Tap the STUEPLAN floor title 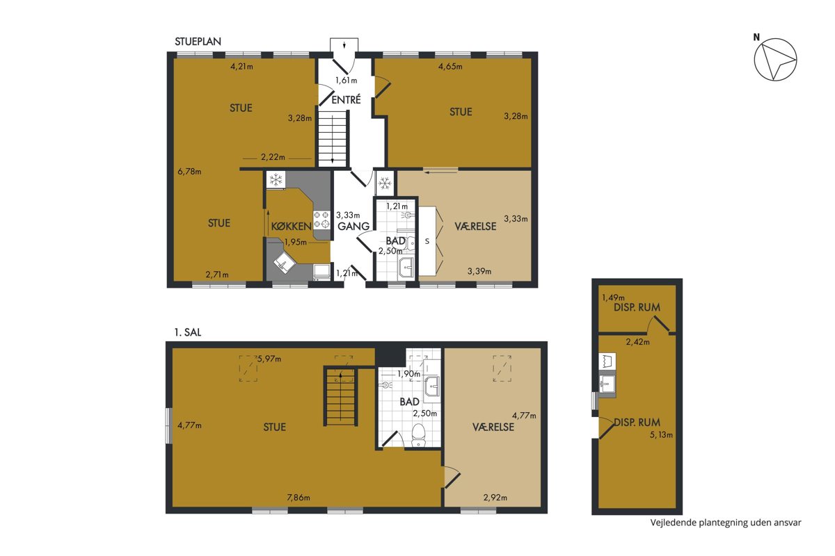click(198, 41)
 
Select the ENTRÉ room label click(346, 100)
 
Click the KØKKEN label click(291, 226)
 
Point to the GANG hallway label click(353, 226)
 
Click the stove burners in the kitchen click(321, 220)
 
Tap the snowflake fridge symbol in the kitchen click(276, 180)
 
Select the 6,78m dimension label click(189, 172)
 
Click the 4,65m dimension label click(450, 67)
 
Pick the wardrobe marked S click(427, 241)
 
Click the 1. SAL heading click(188, 332)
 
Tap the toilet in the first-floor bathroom click(419, 435)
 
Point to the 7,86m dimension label click(299, 498)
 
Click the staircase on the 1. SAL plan click(340, 396)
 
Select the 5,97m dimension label click(269, 359)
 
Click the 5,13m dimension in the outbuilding click(661, 434)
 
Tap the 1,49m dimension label click(613, 297)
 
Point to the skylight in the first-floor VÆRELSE click(502, 368)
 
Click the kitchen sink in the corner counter click(285, 263)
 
